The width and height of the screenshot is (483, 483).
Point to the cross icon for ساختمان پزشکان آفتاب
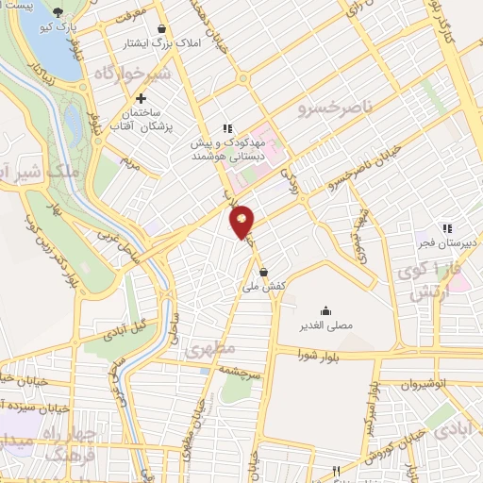coord(142,98)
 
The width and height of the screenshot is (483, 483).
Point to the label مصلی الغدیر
coord(325,325)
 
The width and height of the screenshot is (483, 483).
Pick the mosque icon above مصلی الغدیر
coord(325,310)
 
